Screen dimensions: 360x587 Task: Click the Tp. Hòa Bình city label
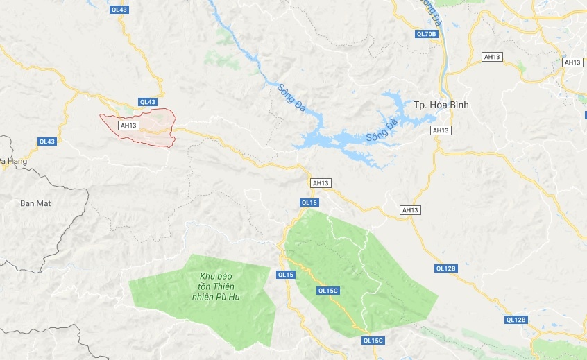coord(441,105)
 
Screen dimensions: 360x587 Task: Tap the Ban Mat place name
coord(36,203)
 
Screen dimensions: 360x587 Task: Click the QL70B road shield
coord(426,34)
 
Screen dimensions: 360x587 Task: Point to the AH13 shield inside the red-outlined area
coord(129,126)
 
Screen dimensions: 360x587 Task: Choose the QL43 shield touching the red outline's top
coord(148,102)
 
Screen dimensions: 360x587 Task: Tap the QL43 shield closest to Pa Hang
coord(46,142)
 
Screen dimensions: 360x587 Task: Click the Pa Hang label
coord(10,161)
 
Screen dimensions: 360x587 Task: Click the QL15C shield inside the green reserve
coord(327,291)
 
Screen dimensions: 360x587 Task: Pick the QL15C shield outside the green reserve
coord(373,341)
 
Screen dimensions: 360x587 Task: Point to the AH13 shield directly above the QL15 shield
coord(320,183)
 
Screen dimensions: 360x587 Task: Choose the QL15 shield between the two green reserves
coord(286,275)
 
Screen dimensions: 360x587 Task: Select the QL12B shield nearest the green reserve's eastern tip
coord(445,268)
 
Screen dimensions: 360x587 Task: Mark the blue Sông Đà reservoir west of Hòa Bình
coord(347,142)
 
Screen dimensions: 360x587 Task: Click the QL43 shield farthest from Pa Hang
coord(119,9)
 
